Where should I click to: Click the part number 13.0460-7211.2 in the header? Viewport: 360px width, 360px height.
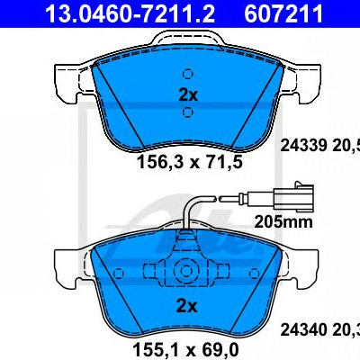(130, 13)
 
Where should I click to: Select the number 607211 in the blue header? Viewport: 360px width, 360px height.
(283, 13)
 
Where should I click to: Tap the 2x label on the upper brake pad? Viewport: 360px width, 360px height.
(188, 95)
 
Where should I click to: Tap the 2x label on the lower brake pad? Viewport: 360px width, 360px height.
(186, 307)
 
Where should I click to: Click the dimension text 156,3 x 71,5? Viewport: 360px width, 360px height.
(190, 162)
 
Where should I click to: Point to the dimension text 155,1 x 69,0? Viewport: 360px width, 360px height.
(185, 349)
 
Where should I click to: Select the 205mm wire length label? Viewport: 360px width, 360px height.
(283, 222)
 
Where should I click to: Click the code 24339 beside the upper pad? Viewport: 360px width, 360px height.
(303, 146)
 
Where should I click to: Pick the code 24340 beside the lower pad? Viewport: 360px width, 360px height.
(303, 330)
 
